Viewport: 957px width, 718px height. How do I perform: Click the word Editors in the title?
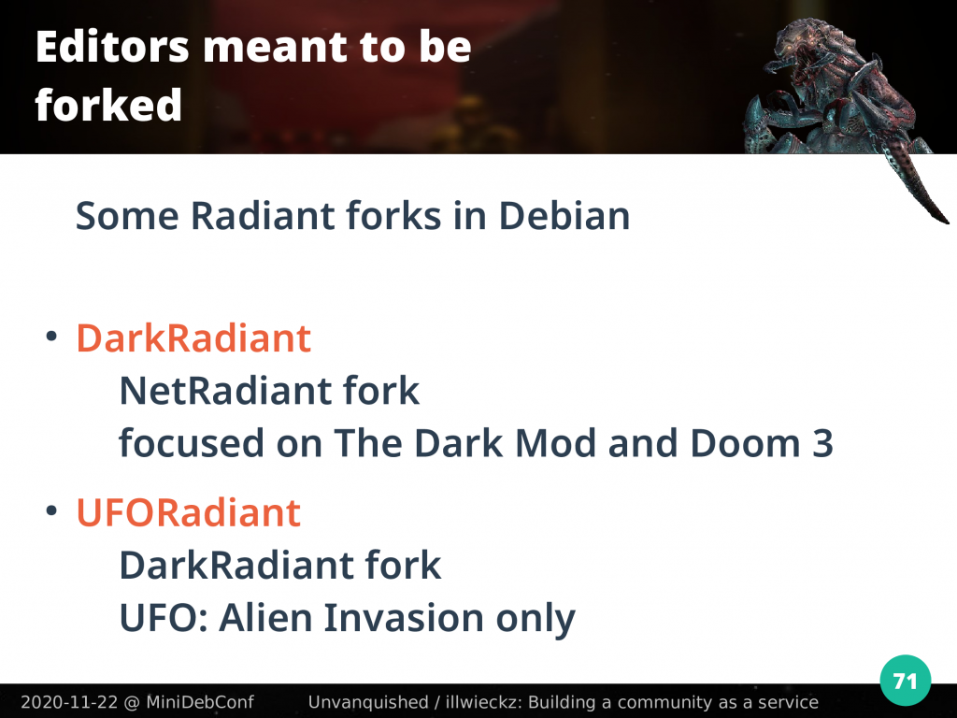112,47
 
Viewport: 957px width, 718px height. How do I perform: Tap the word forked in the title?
108,105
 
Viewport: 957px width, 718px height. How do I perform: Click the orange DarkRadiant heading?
193,338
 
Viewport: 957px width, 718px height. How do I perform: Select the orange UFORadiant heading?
189,512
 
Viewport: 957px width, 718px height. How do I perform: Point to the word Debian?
564,216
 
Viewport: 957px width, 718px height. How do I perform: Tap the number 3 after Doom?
822,443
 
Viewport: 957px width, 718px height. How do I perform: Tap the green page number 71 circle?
906,681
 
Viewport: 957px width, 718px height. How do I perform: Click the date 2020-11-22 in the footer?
69,702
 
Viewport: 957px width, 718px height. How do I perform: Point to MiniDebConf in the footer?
200,702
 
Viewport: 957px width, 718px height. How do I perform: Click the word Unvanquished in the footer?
368,702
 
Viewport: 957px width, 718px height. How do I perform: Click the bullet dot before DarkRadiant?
51,337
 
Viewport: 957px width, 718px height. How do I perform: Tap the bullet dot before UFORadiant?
51,510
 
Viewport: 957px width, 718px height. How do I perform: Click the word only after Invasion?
536,619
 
